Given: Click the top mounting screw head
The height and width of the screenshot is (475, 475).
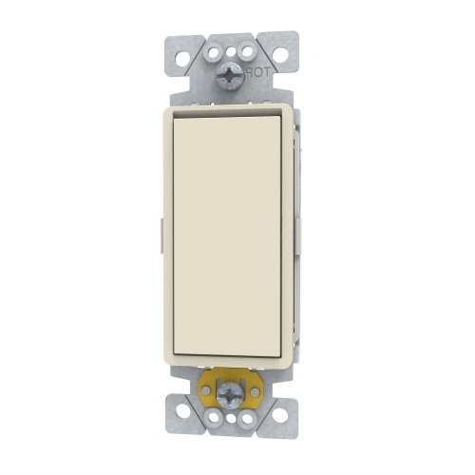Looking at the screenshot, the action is coord(231,80).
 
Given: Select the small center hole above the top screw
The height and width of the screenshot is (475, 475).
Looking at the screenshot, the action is coord(231,51).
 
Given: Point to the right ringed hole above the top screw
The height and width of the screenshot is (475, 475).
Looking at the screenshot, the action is coord(248,51).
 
